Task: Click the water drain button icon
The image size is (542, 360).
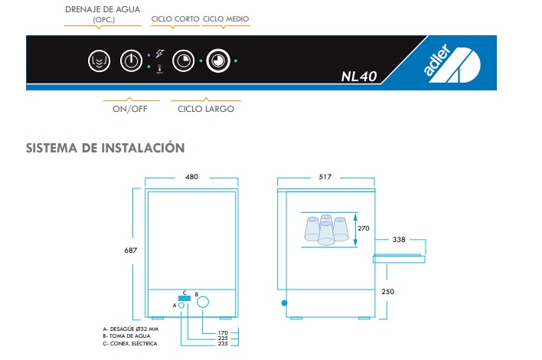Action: coord(100,61)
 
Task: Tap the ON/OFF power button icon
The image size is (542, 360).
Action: coord(132,61)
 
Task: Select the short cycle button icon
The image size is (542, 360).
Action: coord(183,61)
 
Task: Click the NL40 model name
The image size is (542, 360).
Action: coord(359,77)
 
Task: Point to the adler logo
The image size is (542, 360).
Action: coord(452,62)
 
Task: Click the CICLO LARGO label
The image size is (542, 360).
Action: coord(206,109)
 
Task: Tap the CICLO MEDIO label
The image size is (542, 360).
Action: coord(226,19)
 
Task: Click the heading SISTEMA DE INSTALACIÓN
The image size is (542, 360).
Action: coord(106,148)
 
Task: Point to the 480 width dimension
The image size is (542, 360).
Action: coord(191,177)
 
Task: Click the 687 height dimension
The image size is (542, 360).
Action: coord(131,250)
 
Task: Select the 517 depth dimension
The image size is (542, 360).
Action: coord(325,177)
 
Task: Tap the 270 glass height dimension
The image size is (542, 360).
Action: coord(364,228)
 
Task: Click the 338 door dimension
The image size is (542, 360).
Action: coord(399,239)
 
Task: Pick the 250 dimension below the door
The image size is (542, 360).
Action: coord(388,292)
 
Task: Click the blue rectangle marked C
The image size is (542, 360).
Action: coord(184,298)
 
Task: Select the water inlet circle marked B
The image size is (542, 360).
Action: coord(203,302)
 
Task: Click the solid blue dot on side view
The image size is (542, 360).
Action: coord(285,303)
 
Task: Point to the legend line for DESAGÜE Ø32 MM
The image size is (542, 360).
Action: coord(131,329)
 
